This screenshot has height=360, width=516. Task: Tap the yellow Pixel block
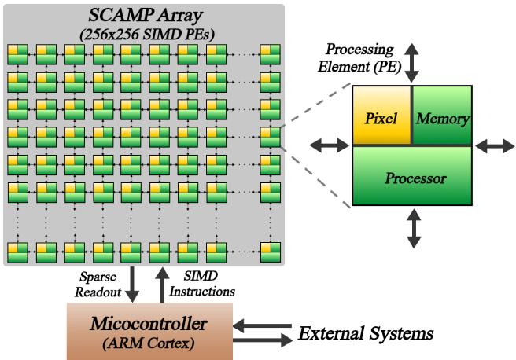tap(381, 116)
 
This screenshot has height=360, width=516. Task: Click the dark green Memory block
tap(442, 116)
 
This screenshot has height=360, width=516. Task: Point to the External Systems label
tap(366, 333)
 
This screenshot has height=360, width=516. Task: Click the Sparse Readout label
tap(98, 285)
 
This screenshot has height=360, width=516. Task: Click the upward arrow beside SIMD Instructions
tap(162, 284)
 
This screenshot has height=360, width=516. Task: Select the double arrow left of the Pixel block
tap(329, 145)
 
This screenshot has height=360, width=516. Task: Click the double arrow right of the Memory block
tap(496, 145)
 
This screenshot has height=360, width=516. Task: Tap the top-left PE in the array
tap(17, 54)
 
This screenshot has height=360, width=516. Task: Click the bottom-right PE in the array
tap(271, 252)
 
